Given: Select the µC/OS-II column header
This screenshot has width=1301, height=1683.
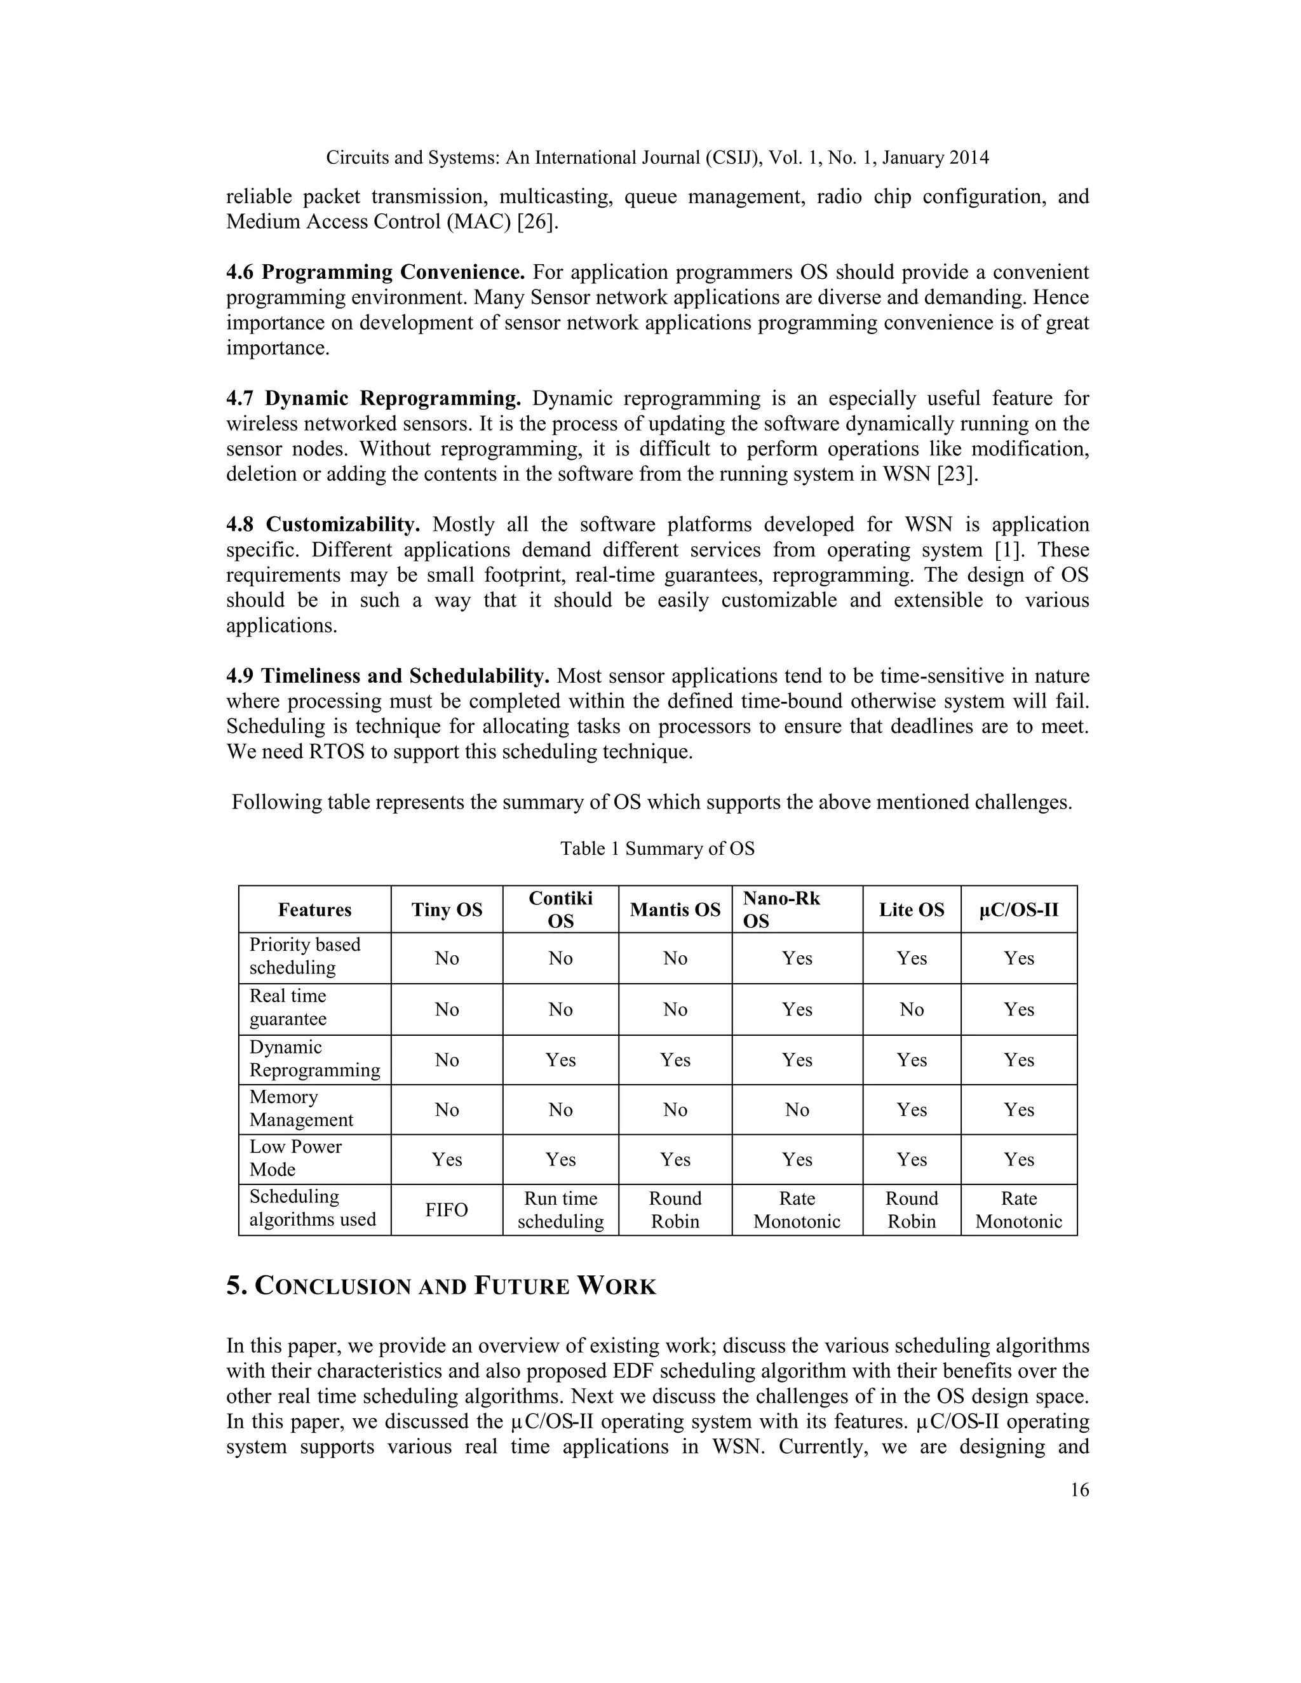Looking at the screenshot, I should pos(1018,909).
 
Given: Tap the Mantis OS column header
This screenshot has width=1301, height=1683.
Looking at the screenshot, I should pos(675,909).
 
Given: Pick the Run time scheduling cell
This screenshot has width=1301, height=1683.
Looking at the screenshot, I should pos(560,1209).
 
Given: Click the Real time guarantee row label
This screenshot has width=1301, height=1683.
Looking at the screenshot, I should pos(288,1007).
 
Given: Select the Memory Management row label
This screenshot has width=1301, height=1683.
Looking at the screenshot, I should pos(300,1108).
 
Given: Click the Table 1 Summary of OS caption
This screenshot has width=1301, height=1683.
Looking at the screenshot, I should pos(657,848).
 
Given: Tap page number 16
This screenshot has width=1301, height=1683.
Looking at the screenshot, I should pos(1079,1489).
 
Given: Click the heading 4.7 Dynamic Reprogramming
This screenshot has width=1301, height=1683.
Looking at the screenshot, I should pos(373,398).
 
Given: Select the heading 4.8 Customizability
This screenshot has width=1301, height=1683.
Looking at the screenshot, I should pos(322,525).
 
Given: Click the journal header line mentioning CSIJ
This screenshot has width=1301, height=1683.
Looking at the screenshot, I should pos(657,158).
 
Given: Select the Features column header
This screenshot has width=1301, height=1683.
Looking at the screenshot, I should pos(314,909).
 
